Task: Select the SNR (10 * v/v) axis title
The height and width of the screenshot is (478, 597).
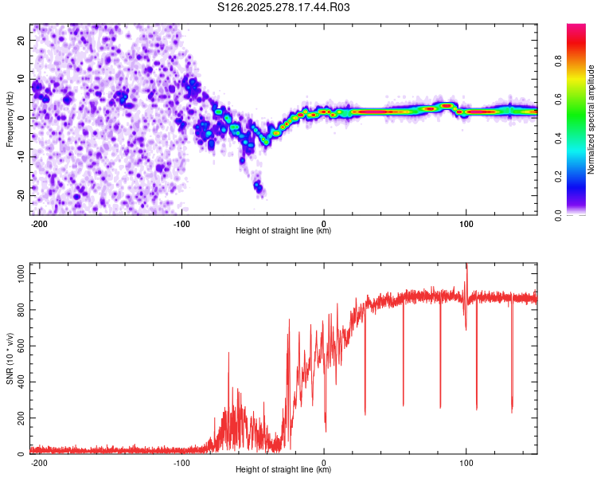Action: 10,358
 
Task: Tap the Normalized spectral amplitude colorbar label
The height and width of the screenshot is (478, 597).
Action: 591,119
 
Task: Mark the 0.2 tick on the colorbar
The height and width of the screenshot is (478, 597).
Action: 559,177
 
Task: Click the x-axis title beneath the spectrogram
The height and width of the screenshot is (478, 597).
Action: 283,231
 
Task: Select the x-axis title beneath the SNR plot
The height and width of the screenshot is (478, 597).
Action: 283,470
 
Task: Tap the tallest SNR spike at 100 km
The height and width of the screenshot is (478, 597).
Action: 466,265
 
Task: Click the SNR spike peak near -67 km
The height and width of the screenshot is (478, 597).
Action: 228,353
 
